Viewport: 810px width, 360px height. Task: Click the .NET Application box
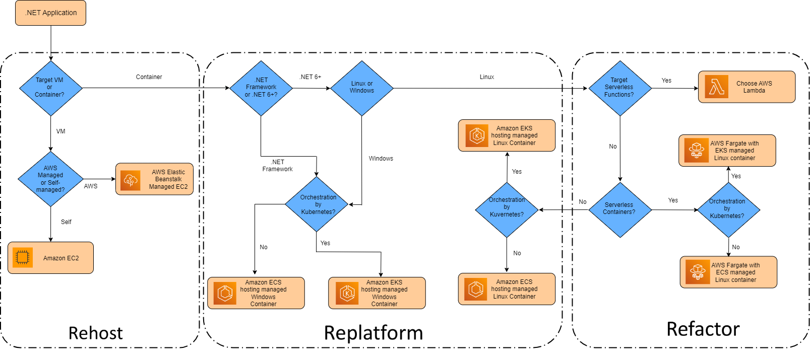tap(51, 13)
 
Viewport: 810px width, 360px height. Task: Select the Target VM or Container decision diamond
tap(50, 88)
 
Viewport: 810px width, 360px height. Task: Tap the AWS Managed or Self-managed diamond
tap(50, 179)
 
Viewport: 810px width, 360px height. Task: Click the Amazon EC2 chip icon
tap(23, 257)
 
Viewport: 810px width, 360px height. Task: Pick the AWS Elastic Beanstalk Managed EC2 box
tap(154, 179)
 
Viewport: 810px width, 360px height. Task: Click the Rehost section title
tap(95, 333)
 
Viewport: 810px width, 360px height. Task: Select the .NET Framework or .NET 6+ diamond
tap(261, 88)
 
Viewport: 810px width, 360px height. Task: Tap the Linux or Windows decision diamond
tap(362, 88)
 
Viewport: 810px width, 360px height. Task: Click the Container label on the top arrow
tap(149, 77)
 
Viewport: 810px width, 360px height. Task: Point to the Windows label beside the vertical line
tap(381, 159)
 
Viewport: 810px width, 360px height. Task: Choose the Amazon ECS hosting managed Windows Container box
tap(256, 293)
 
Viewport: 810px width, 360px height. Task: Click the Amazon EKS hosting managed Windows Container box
tap(377, 293)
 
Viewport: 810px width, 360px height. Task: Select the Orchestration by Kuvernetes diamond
tap(507, 209)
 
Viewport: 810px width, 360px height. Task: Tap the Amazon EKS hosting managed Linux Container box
tap(507, 135)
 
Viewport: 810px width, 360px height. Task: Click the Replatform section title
tap(373, 333)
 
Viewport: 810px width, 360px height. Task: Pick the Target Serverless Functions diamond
tap(620, 88)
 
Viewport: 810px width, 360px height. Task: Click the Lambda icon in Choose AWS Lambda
tap(716, 87)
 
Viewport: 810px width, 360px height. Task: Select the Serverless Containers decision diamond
tap(620, 209)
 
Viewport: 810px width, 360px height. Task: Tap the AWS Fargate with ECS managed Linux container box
tap(728, 272)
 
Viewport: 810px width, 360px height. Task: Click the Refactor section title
tap(703, 329)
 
